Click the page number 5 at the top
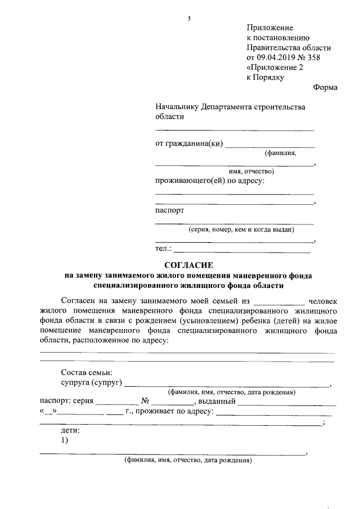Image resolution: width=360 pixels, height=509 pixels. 190,19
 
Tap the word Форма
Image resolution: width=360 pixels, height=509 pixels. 325,87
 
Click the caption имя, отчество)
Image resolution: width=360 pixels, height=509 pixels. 251,171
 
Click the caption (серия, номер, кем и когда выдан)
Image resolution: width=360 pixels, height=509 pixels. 241,229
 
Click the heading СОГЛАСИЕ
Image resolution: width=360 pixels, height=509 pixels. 188,264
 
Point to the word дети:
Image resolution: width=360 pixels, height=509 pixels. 70,430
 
